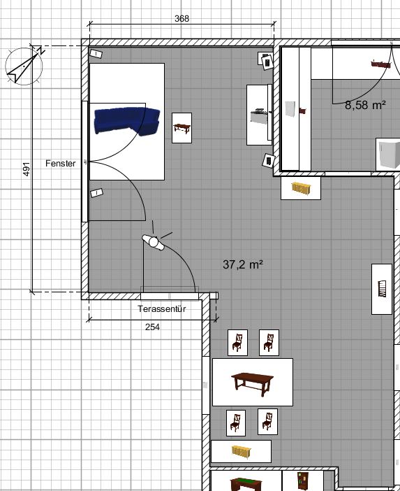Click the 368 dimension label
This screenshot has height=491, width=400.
[182, 18]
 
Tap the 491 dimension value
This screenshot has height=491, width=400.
[27, 169]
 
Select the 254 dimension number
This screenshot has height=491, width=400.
[152, 327]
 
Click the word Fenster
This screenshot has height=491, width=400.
[60, 163]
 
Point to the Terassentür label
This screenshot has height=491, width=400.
[162, 308]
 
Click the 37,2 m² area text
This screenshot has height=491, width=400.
[243, 264]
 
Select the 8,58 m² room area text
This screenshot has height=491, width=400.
[365, 105]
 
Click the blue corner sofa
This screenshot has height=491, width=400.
[127, 121]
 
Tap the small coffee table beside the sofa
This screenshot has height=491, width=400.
[182, 128]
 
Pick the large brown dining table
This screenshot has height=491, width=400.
[253, 382]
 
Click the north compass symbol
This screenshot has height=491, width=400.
[24, 66]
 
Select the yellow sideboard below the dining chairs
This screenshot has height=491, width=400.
[242, 451]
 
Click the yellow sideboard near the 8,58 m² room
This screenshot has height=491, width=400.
[301, 188]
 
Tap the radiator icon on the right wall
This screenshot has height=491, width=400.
[382, 289]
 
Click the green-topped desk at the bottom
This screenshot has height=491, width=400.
[246, 484]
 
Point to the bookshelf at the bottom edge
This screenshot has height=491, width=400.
[303, 481]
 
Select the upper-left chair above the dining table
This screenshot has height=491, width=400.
[237, 343]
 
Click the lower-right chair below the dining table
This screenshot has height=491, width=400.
[267, 422]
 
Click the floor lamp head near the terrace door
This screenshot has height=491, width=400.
[154, 242]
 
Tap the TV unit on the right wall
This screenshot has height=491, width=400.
[258, 115]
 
